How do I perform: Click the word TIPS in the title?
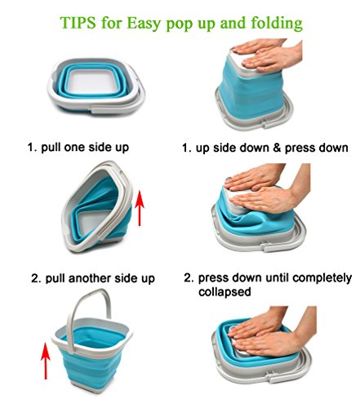click(x=78, y=22)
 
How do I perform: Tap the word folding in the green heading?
click(x=276, y=24)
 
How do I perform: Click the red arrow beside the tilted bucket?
click(x=140, y=208)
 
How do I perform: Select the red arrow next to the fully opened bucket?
click(x=46, y=361)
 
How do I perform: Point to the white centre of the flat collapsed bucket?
click(x=87, y=81)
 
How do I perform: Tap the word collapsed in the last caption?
click(x=224, y=292)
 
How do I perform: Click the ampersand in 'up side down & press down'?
click(x=277, y=148)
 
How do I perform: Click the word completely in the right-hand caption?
click(x=322, y=278)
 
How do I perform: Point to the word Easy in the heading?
click(x=144, y=24)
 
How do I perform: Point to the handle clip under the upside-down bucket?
click(x=266, y=124)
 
